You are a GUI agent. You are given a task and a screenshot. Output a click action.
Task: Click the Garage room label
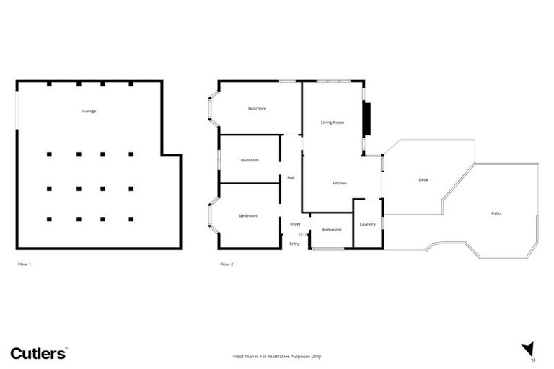(x=89, y=111)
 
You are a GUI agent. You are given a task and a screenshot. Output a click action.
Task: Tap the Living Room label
(x=333, y=123)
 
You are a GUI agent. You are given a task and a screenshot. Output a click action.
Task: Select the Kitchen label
(x=339, y=183)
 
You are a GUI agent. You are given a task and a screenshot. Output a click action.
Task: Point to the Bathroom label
(x=332, y=230)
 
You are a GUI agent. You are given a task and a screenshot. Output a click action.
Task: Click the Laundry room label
(x=367, y=224)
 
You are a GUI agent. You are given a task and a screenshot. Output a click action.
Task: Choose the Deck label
(x=423, y=179)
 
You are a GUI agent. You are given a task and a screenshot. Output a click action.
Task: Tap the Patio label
(x=496, y=213)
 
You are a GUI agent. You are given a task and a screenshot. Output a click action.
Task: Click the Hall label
(x=291, y=177)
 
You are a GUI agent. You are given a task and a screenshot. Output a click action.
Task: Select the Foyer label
(x=295, y=224)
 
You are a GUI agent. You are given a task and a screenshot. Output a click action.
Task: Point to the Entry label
(x=294, y=244)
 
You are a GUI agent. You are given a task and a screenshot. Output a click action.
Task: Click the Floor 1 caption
(x=25, y=264)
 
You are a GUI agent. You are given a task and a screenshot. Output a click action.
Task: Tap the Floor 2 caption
(x=227, y=264)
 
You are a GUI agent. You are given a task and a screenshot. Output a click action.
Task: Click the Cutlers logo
(x=38, y=352)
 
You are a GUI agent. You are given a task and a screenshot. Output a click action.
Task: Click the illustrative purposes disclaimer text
(x=276, y=356)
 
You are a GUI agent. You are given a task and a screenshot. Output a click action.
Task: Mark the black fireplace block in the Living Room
(x=366, y=119)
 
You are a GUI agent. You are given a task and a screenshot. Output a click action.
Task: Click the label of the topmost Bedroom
(x=257, y=109)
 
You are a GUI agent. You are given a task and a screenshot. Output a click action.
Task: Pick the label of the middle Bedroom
(x=250, y=160)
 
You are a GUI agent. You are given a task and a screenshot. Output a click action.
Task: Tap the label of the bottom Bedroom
(x=248, y=215)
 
